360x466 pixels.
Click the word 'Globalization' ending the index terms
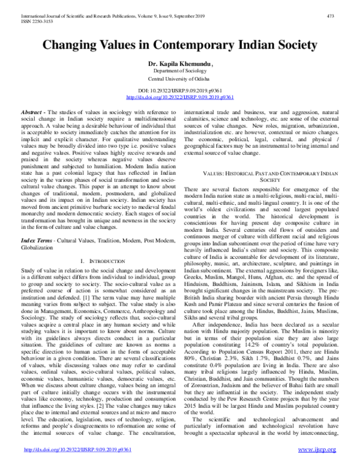(37, 247)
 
